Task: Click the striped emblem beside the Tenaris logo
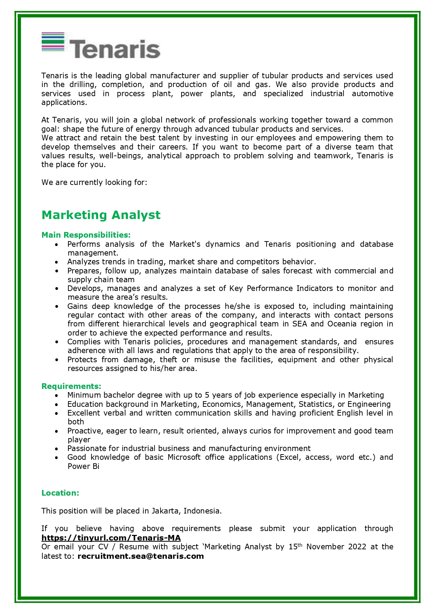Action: pyautogui.click(x=53, y=42)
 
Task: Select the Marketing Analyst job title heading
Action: pyautogui.click(x=101, y=215)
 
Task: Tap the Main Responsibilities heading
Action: pyautogui.click(x=86, y=235)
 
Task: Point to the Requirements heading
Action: pyautogui.click(x=71, y=386)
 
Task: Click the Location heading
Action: pyautogui.click(x=60, y=493)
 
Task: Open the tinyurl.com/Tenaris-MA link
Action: pyautogui.click(x=111, y=538)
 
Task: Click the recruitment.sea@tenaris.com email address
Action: pyautogui.click(x=141, y=556)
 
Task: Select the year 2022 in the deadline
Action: pyautogui.click(x=357, y=547)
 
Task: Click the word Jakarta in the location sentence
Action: pyautogui.click(x=165, y=511)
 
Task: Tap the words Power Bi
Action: pyautogui.click(x=83, y=466)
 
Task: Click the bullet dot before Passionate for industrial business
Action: pyautogui.click(x=57, y=449)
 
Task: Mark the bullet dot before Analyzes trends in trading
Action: pyautogui.click(x=57, y=262)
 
